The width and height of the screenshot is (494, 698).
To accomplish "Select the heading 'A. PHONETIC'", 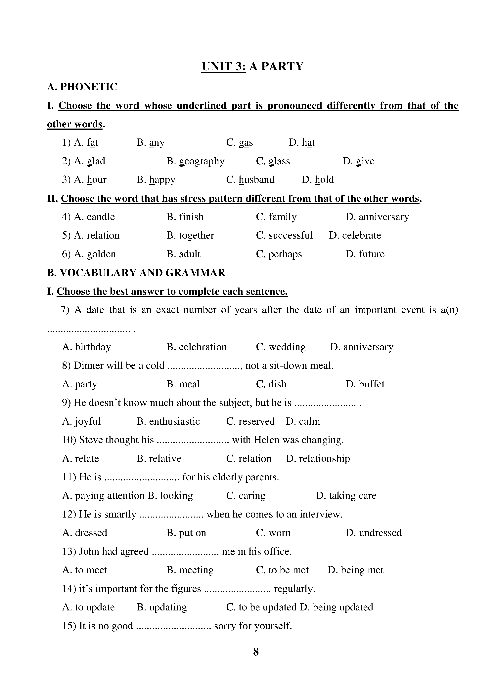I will coord(82,87).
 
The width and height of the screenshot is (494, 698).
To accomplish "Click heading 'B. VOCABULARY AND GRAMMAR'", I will coord(136,273).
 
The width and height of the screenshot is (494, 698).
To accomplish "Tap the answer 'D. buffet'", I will coord(365,384).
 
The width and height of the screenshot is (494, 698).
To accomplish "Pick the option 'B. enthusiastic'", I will coord(168,421).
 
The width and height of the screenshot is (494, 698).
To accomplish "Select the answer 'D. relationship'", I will coord(318,458).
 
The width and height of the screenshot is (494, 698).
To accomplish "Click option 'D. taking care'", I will coord(346,495).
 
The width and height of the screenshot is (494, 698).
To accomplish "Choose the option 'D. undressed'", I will coord(374,533).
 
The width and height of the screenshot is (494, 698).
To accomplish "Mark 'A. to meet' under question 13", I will coord(85,570).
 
